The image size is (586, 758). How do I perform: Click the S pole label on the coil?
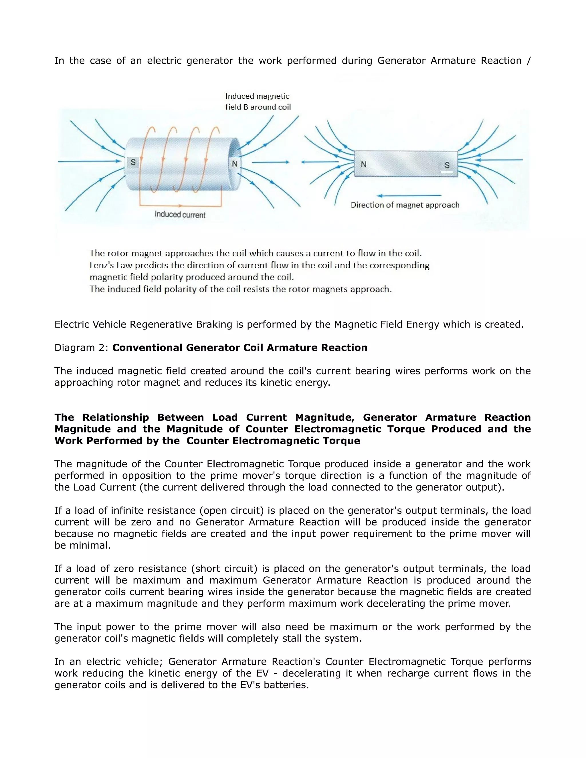click(133, 162)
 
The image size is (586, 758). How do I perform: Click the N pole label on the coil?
click(235, 164)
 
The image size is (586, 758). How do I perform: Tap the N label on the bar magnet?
click(363, 164)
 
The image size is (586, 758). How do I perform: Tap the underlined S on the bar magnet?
click(447, 166)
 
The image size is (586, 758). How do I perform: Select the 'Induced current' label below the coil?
click(180, 215)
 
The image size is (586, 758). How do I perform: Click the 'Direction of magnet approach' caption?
click(405, 205)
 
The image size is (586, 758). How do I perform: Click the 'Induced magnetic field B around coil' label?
click(258, 101)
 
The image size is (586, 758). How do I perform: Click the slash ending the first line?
click(528, 61)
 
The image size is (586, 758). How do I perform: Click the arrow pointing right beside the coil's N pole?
click(270, 162)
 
